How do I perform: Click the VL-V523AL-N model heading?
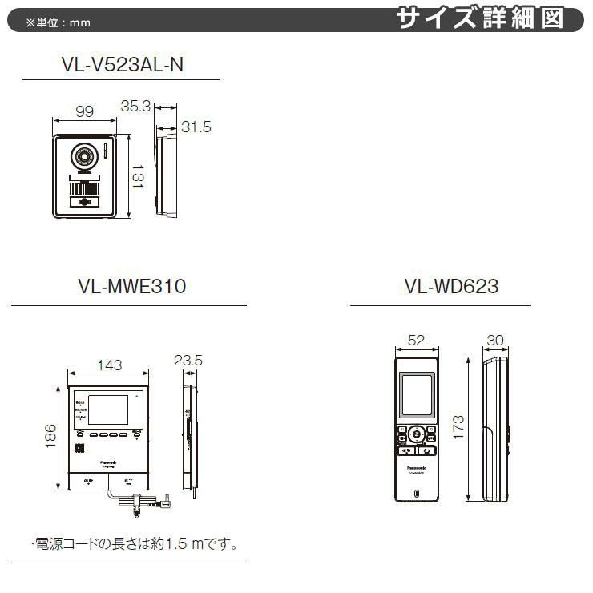click(x=121, y=66)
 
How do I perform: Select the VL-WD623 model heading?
click(x=440, y=285)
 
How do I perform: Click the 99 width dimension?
click(x=85, y=112)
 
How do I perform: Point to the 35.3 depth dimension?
click(x=136, y=106)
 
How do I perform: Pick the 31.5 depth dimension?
click(x=196, y=127)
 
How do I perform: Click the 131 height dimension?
click(x=138, y=175)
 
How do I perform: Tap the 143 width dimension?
click(x=109, y=365)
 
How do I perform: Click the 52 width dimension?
click(x=416, y=340)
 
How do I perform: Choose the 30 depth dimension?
click(x=494, y=340)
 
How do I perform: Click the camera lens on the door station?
click(x=84, y=156)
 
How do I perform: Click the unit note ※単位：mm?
click(x=58, y=22)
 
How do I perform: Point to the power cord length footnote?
click(x=135, y=544)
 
